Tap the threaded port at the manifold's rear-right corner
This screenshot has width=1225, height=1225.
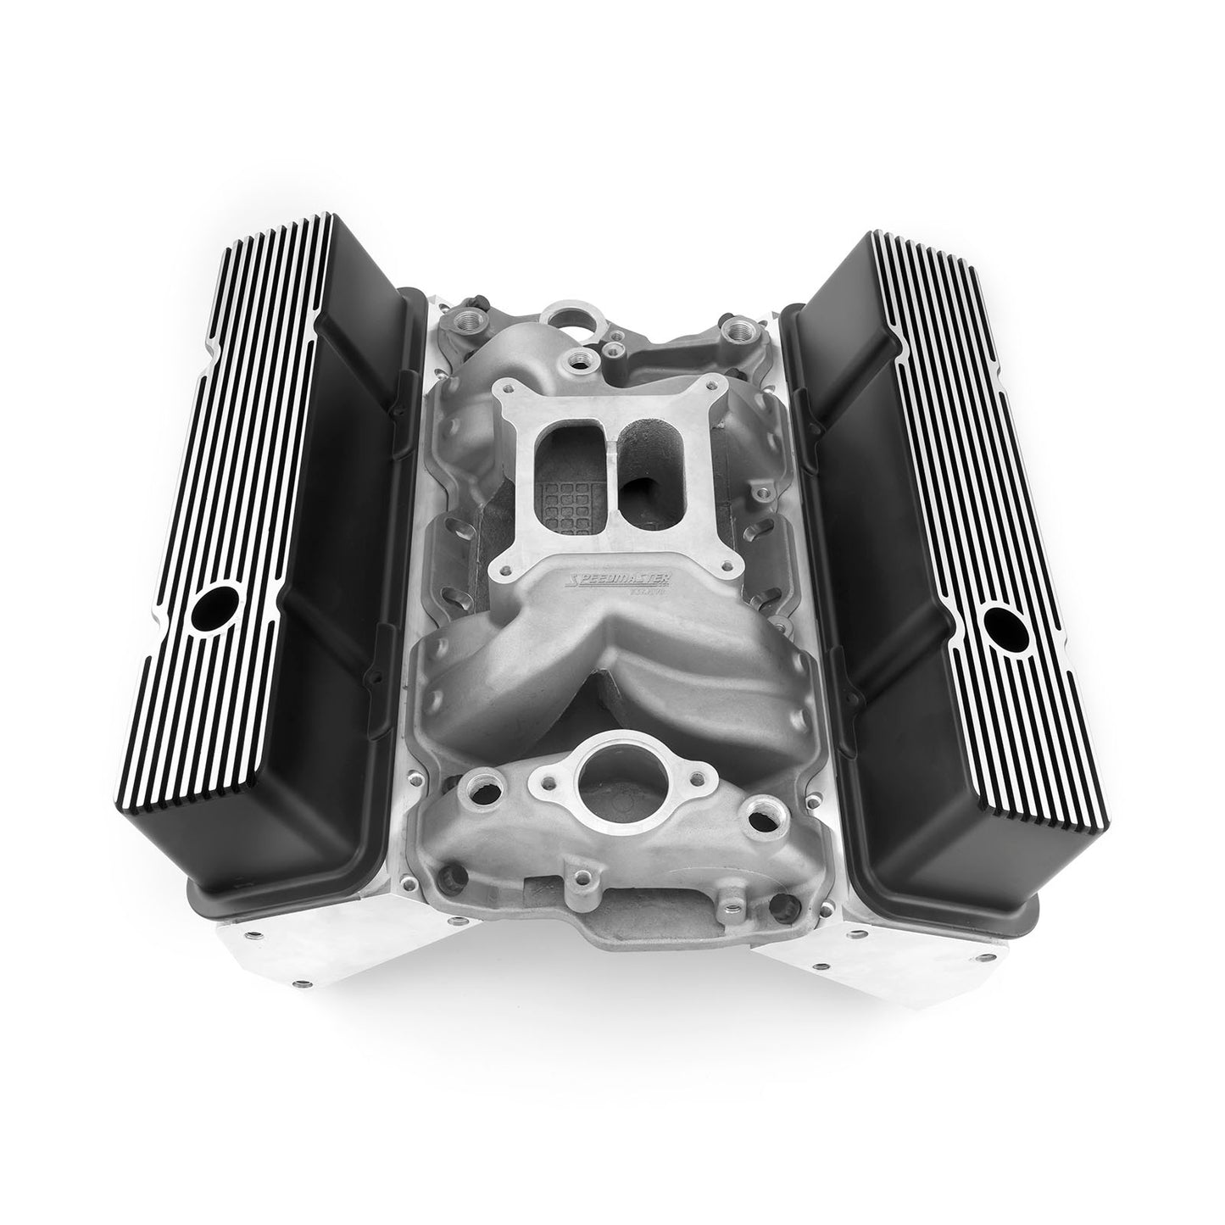click(x=734, y=326)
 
